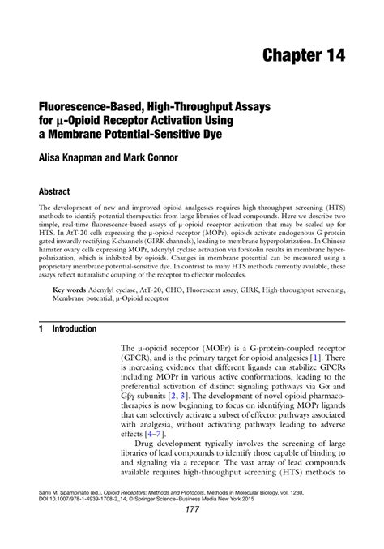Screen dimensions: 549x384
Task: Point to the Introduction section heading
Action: point(75,329)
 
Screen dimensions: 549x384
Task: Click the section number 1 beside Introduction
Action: point(41,329)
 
